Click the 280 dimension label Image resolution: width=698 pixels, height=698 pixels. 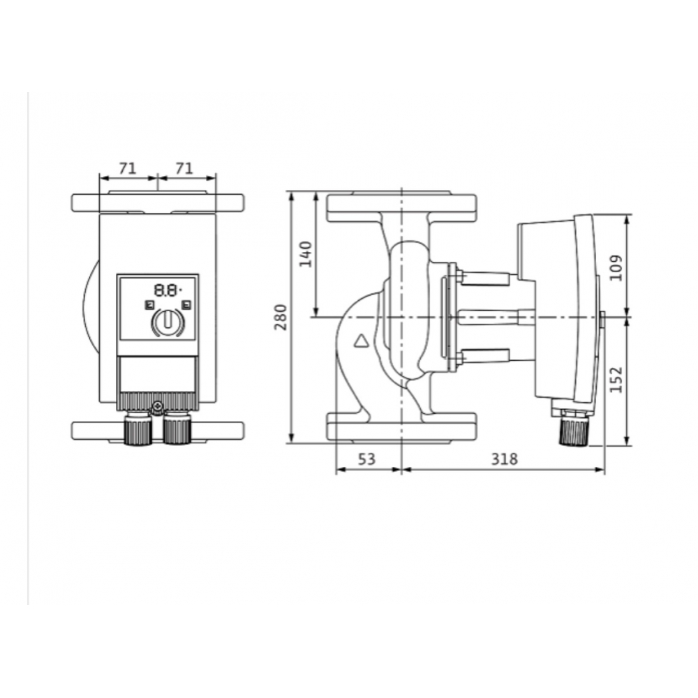click(x=281, y=316)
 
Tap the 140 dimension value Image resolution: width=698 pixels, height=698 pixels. click(x=306, y=254)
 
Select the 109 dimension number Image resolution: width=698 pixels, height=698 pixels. click(x=616, y=267)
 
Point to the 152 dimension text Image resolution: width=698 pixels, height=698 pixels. click(x=616, y=379)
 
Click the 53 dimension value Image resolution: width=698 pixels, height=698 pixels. click(x=367, y=459)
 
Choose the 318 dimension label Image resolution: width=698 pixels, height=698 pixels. click(x=505, y=459)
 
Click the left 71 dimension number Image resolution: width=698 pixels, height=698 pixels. click(x=127, y=168)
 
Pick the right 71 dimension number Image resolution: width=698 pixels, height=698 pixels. click(x=184, y=168)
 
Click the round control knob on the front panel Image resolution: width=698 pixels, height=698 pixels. click(x=168, y=322)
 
